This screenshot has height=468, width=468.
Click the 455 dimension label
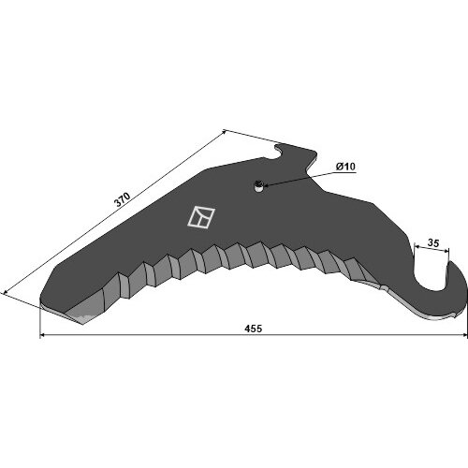point(254,329)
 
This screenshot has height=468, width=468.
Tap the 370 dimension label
point(123,199)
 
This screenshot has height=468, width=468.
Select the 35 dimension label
point(433,243)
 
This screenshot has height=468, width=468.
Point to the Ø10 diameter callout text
point(345,167)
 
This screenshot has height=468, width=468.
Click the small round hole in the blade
point(258,186)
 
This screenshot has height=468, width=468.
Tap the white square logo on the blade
point(201,217)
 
